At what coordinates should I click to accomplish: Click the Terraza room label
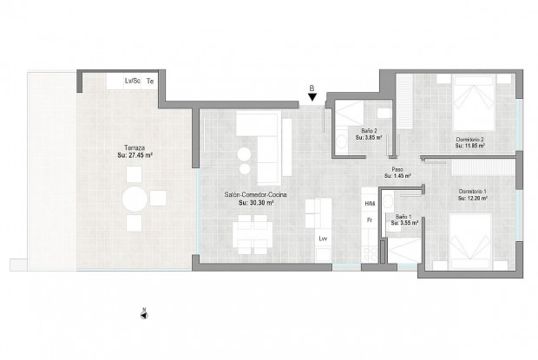click(x=135, y=148)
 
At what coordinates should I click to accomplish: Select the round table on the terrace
click(x=134, y=200)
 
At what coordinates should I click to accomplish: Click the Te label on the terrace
click(x=151, y=81)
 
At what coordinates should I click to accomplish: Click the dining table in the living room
click(x=250, y=231)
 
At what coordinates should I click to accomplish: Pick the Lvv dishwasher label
click(x=323, y=238)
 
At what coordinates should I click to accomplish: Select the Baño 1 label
click(x=403, y=216)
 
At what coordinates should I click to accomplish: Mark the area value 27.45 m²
click(x=135, y=155)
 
